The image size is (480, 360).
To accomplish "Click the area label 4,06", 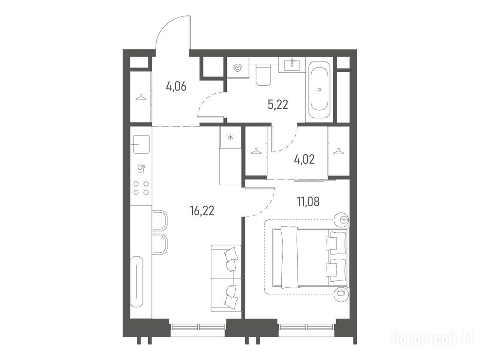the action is point(176,87).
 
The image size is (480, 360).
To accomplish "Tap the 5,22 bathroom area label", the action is point(278,105).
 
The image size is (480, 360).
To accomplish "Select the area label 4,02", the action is point(304,159).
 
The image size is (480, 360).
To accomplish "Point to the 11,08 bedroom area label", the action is point(308,202).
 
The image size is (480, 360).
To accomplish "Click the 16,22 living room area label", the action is point(202,211).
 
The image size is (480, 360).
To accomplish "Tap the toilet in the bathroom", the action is point(263,74).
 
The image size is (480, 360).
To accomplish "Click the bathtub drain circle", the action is point(320,90).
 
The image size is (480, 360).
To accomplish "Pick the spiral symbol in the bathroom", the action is point(238,68).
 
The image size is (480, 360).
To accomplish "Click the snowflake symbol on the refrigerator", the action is point(230,137).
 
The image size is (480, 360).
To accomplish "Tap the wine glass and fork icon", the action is point(141,169).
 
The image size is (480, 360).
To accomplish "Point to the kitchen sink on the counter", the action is point(141,144).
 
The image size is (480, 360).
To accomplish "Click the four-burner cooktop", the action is point(141,188).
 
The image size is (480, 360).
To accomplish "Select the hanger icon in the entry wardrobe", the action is point(141,97).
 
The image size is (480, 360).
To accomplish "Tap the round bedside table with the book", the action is point(341,293).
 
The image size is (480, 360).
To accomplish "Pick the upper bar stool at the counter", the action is point(160,220).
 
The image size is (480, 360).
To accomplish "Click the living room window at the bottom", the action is point(198,327).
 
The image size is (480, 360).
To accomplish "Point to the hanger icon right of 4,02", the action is point(338,151).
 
